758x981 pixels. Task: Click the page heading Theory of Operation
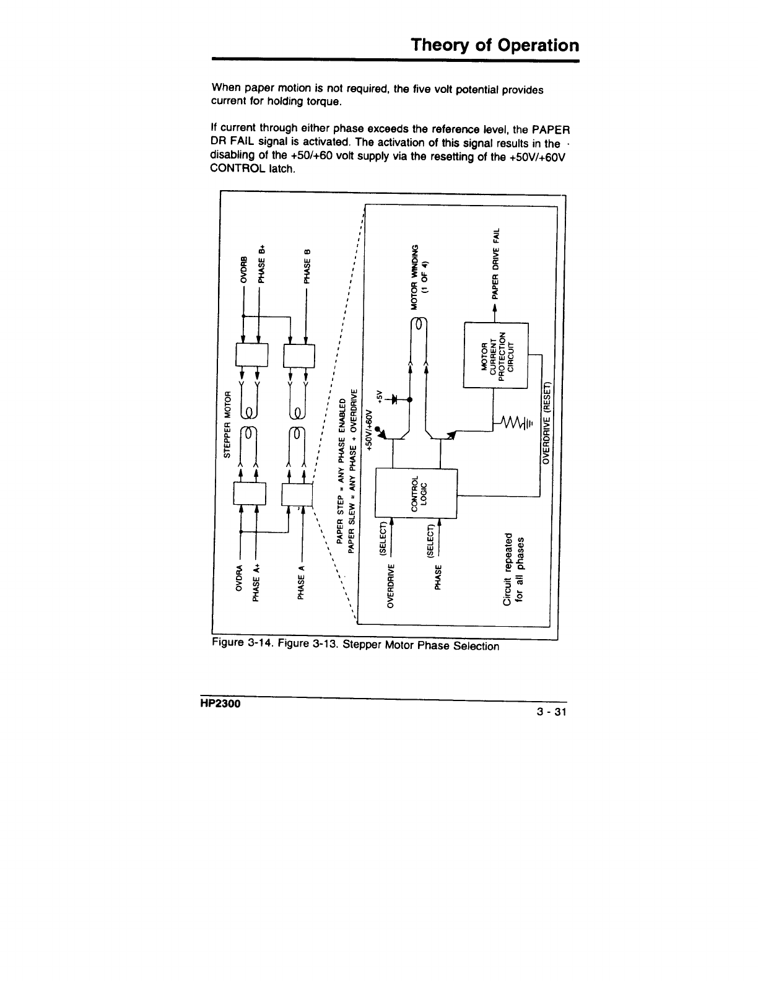[x=495, y=45]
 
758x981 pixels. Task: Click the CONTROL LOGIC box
[x=416, y=494]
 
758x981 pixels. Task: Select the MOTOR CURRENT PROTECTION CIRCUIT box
[x=494, y=355]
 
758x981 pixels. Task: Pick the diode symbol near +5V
[x=393, y=399]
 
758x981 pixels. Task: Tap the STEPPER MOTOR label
[x=227, y=423]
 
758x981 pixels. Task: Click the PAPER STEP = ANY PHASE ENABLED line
[x=339, y=479]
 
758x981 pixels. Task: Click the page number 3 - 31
[x=552, y=712]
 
